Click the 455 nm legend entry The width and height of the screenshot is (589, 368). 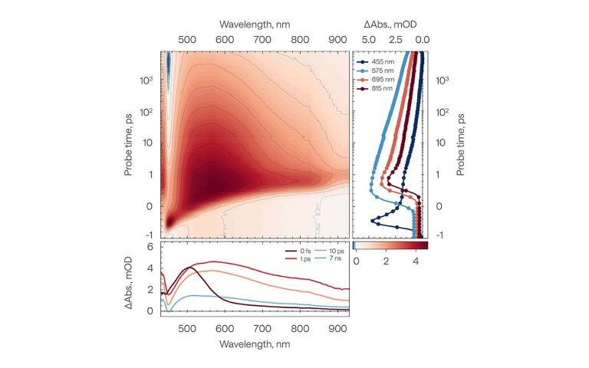point(375,60)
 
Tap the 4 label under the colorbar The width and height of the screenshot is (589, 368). point(415,261)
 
